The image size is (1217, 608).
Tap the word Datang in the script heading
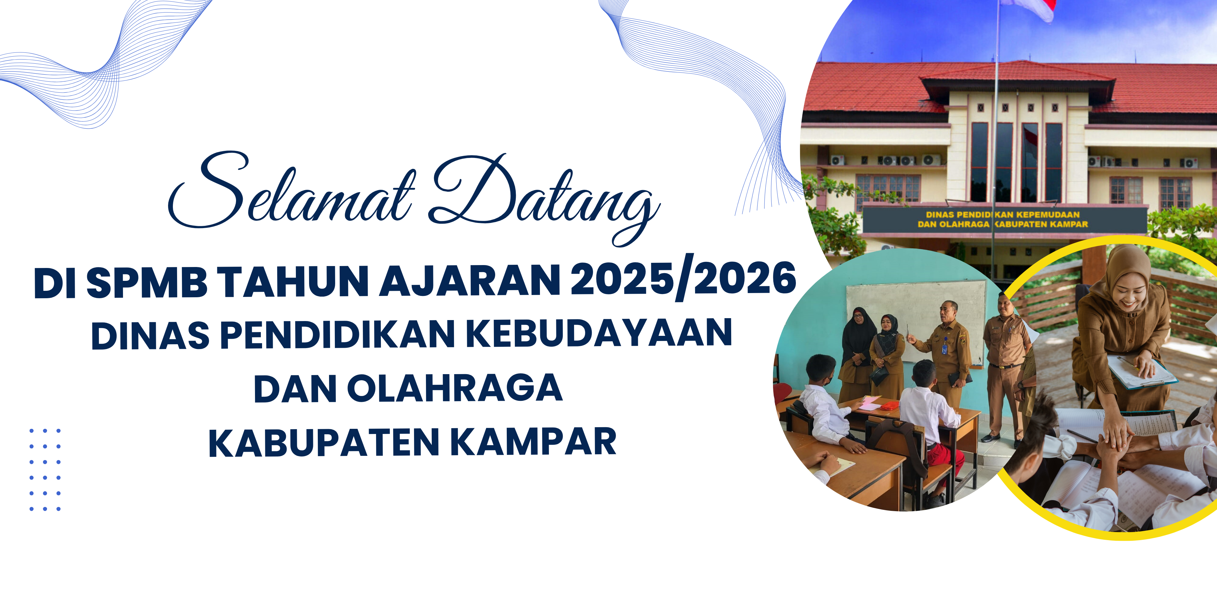point(543,198)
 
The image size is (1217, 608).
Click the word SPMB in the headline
point(147,282)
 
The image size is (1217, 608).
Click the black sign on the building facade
point(1005,219)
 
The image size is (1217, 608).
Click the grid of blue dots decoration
point(45,470)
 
